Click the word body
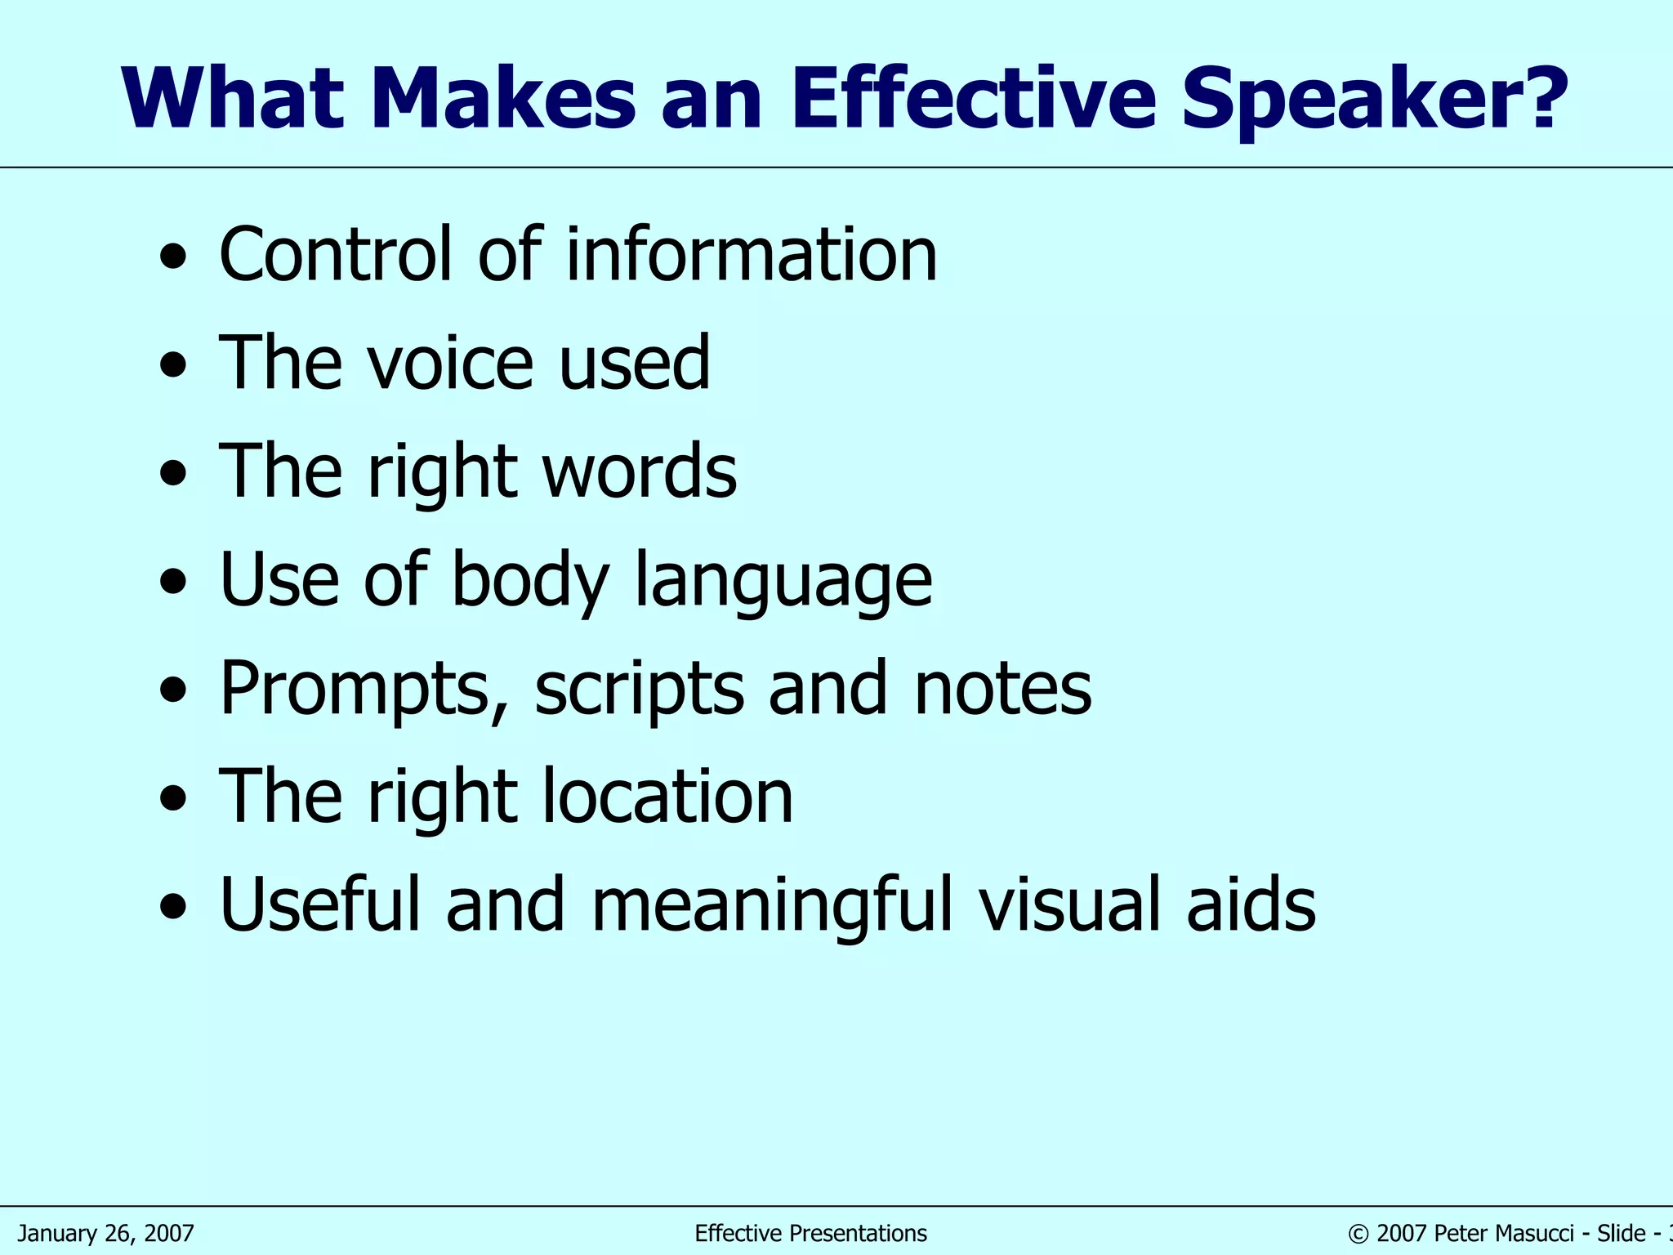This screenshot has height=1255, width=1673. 530,580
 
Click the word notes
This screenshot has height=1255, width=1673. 1002,688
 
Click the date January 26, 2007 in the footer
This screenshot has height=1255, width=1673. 106,1233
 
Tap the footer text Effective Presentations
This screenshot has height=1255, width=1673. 810,1233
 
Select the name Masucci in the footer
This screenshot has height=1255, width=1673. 1534,1233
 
